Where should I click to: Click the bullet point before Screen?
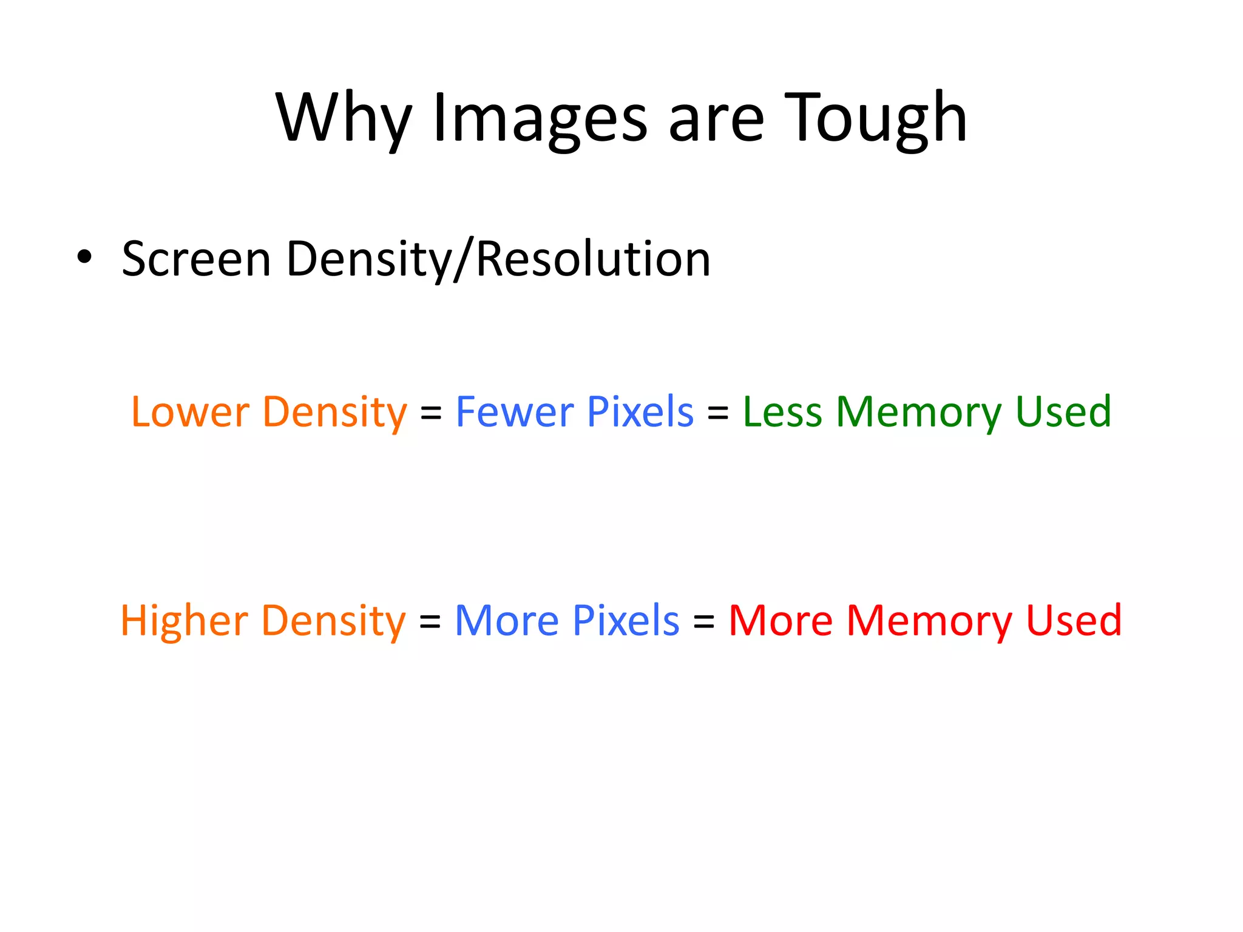[x=84, y=257]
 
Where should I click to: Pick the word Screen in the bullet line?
[x=196, y=260]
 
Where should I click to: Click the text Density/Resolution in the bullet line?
[x=498, y=260]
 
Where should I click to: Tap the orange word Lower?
[x=190, y=412]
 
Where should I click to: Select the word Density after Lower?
[x=334, y=413]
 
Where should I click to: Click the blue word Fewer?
[x=514, y=412]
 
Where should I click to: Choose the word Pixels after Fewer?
[x=640, y=412]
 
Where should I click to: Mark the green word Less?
[x=782, y=412]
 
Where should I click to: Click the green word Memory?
[x=918, y=413]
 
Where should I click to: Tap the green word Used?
[x=1063, y=412]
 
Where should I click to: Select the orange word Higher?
[x=184, y=621]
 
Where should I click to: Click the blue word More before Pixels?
[x=506, y=621]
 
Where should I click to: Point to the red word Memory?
[x=929, y=623]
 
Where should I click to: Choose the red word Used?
[x=1074, y=621]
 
